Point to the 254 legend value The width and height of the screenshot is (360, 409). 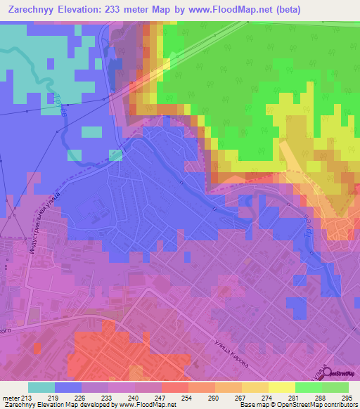186,398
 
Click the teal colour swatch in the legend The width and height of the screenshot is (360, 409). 41,387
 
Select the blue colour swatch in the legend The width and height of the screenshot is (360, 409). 68,387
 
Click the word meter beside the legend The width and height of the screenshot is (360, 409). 11,398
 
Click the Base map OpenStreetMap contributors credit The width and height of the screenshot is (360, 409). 307,405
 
